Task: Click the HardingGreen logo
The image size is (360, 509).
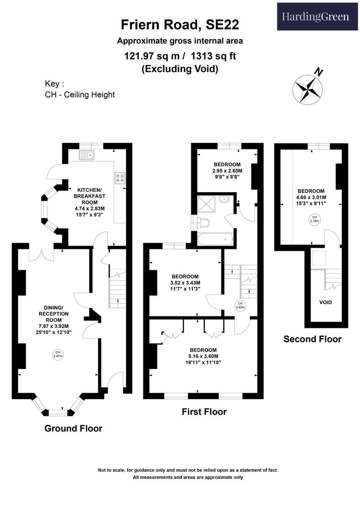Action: (x=315, y=17)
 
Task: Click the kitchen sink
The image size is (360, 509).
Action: (x=87, y=155)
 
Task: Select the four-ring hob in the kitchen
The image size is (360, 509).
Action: (x=120, y=177)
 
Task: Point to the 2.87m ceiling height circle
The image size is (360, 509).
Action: (x=58, y=355)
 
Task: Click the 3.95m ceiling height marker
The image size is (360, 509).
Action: (x=240, y=305)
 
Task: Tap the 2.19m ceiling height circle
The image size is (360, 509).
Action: (x=314, y=219)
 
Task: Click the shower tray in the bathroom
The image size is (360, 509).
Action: (x=206, y=204)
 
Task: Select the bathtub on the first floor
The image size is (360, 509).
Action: (x=215, y=239)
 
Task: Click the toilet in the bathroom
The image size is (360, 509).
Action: (x=203, y=223)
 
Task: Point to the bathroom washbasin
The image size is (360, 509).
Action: (x=225, y=199)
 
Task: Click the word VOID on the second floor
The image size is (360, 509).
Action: (x=326, y=302)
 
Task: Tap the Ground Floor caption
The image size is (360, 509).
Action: (x=73, y=428)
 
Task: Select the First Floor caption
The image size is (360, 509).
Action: (x=204, y=412)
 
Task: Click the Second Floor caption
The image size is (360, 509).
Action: (x=313, y=339)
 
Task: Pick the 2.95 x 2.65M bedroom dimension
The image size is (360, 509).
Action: (x=227, y=171)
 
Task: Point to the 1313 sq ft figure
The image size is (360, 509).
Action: (x=214, y=56)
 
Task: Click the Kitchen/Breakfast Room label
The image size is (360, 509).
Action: (x=89, y=196)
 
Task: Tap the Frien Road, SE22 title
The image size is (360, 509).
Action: (x=180, y=25)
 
